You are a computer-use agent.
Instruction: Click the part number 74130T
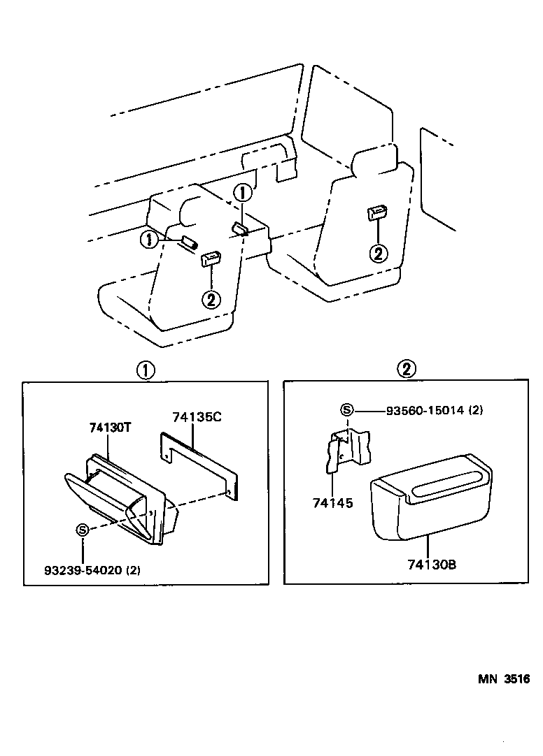pyautogui.click(x=111, y=427)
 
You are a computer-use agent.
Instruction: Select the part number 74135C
pyautogui.click(x=197, y=416)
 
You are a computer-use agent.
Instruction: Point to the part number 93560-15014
pyautogui.click(x=425, y=410)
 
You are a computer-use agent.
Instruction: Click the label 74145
pyautogui.click(x=333, y=503)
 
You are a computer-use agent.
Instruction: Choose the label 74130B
pyautogui.click(x=432, y=564)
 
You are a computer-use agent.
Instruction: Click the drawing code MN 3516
pyautogui.click(x=504, y=679)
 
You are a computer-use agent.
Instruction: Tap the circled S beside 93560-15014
pyautogui.click(x=347, y=410)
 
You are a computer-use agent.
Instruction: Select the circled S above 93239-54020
pyautogui.click(x=83, y=530)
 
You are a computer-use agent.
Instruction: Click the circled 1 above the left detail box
pyautogui.click(x=146, y=370)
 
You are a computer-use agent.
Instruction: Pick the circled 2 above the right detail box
pyautogui.click(x=407, y=370)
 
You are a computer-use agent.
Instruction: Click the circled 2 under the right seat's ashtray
pyautogui.click(x=379, y=253)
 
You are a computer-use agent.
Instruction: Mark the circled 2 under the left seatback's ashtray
pyautogui.click(x=211, y=300)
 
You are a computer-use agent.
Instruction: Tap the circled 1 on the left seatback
pyautogui.click(x=149, y=240)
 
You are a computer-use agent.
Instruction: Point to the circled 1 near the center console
pyautogui.click(x=243, y=194)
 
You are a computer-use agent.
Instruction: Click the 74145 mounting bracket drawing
pyautogui.click(x=348, y=451)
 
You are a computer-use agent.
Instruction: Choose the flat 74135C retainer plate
pyautogui.click(x=198, y=463)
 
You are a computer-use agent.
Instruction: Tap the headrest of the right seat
pyautogui.click(x=376, y=161)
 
